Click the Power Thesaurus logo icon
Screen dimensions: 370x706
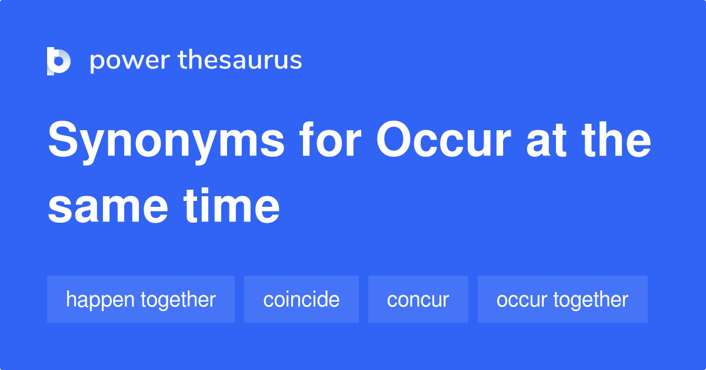pos(59,61)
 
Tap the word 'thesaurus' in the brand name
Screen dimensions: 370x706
pos(240,61)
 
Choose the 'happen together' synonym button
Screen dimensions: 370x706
pos(141,299)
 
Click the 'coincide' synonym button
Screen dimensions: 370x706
pos(301,299)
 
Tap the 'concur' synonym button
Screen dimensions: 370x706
pos(418,299)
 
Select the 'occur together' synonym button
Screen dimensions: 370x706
pos(562,299)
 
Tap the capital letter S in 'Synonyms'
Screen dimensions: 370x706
pos(64,141)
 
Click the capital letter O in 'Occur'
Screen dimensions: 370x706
pos(395,141)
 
